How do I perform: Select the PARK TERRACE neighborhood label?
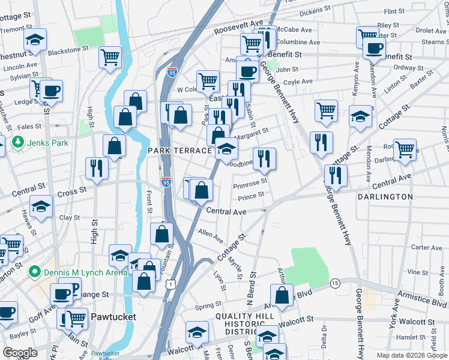click(x=179, y=151)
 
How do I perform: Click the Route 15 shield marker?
click(x=335, y=283)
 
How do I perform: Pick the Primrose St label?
click(x=250, y=182)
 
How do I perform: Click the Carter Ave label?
click(x=427, y=247)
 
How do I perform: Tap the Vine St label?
click(x=429, y=272)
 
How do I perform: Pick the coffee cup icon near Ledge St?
click(x=52, y=90)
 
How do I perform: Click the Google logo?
click(x=20, y=353)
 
